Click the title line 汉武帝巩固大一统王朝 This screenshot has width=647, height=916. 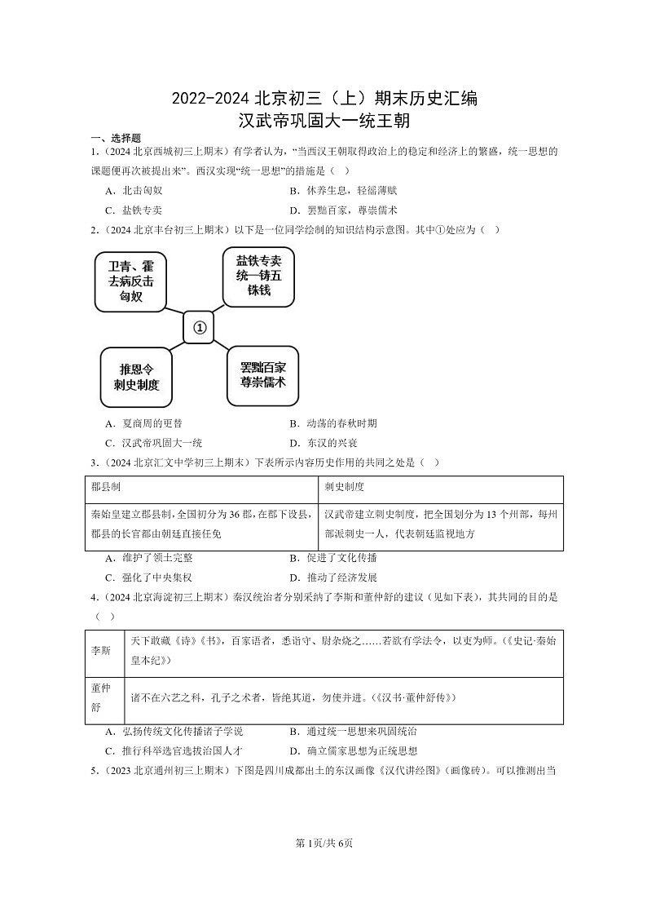pos(323,122)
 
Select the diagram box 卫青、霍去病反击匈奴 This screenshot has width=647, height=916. pos(130,281)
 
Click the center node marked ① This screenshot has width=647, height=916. pos(199,328)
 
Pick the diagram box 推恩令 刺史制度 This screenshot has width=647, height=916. pos(136,376)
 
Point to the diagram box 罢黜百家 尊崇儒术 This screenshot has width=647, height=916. pos(262,374)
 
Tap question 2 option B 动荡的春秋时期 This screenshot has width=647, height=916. pos(333,423)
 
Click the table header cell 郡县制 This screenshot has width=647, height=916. pos(106,487)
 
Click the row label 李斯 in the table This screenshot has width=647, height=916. pos(102,653)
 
